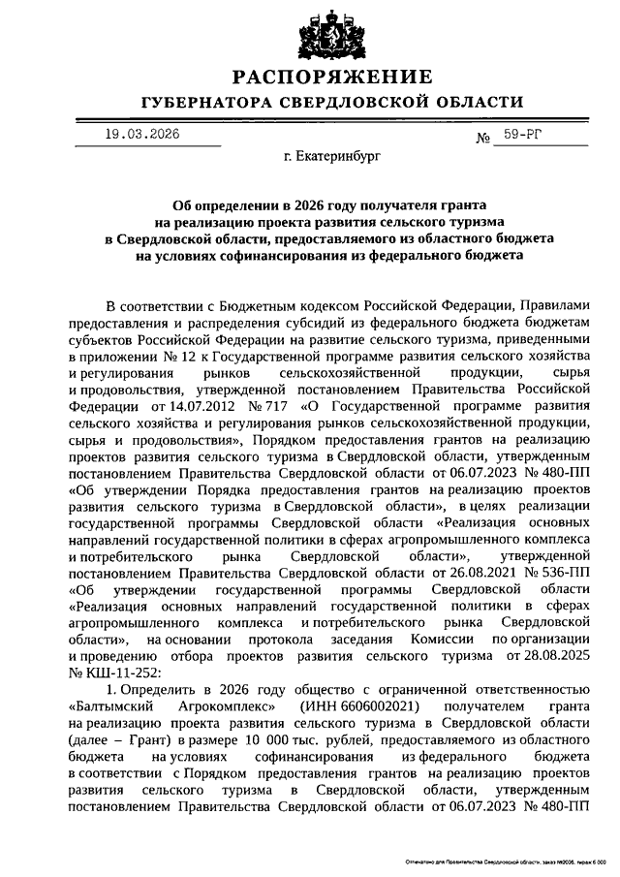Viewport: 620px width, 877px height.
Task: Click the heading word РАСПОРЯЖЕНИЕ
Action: [331, 77]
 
